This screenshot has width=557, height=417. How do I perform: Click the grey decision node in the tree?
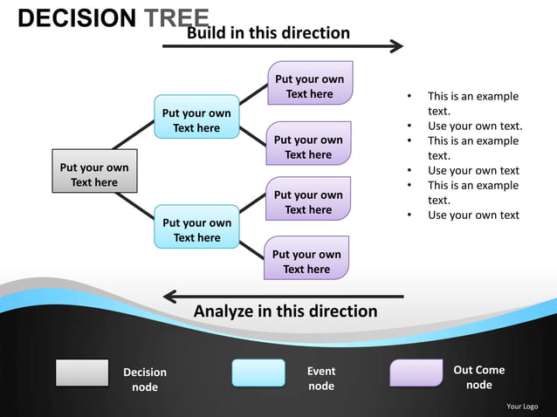[x=93, y=174]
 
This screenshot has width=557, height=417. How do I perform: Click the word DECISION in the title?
[x=77, y=18]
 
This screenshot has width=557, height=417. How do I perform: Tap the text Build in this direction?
[x=268, y=33]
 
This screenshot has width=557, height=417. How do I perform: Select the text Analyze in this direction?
[x=285, y=311]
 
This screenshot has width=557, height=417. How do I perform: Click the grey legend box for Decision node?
[x=82, y=373]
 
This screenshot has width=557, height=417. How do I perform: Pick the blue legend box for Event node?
[x=258, y=373]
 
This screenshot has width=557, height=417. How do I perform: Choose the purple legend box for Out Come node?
[x=416, y=373]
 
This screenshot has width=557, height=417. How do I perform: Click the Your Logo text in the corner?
[x=522, y=406]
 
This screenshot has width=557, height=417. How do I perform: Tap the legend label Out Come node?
[x=478, y=378]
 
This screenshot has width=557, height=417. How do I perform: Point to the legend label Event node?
[x=321, y=379]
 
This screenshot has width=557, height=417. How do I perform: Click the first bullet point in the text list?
[x=472, y=104]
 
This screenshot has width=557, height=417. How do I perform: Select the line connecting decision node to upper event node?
[x=132, y=135]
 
